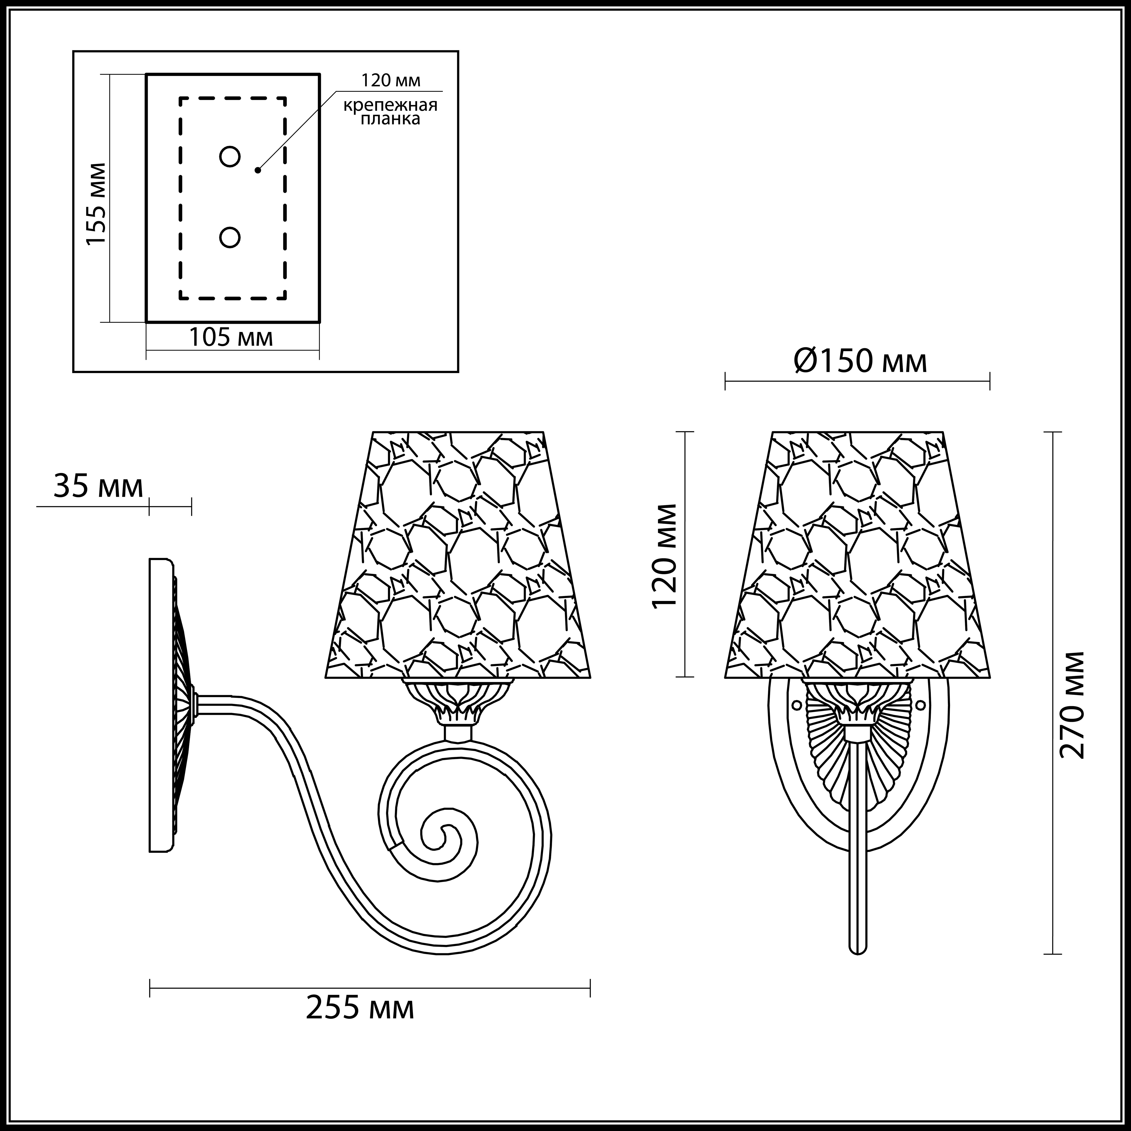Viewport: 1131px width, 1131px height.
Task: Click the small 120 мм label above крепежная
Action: tap(391, 80)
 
